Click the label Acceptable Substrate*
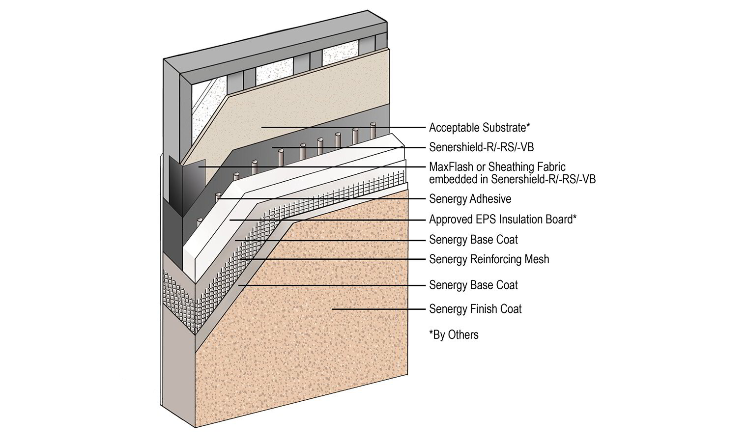pyautogui.click(x=479, y=128)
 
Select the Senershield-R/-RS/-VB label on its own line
pyautogui.click(x=481, y=147)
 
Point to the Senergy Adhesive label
pyautogui.click(x=470, y=199)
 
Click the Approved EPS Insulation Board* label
pyautogui.click(x=502, y=219)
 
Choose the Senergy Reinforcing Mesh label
pyautogui.click(x=489, y=259)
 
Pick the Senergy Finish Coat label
pyautogui.click(x=475, y=309)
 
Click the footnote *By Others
pyautogui.click(x=454, y=335)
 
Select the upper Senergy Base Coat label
pyautogui.click(x=473, y=240)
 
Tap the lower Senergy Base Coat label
pyautogui.click(x=473, y=285)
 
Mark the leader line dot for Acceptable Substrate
pyautogui.click(x=262, y=127)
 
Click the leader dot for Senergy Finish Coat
pyautogui.click(x=333, y=309)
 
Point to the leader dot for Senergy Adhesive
pyautogui.click(x=217, y=198)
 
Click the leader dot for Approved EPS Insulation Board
pyautogui.click(x=229, y=219)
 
